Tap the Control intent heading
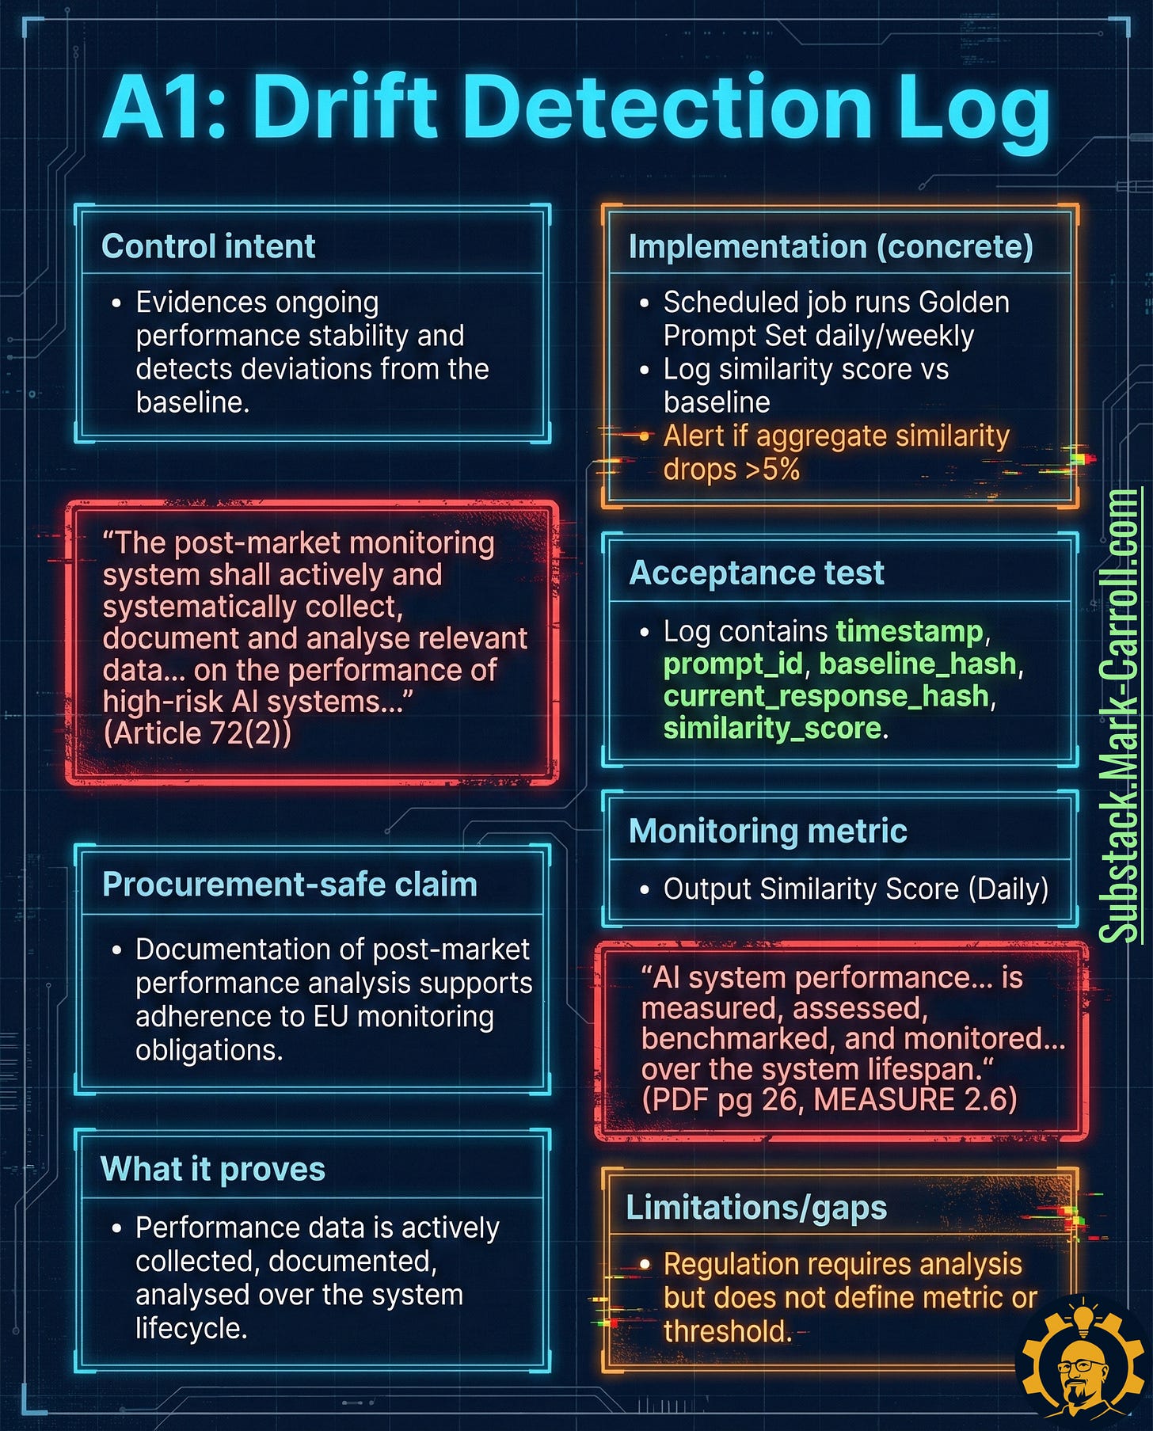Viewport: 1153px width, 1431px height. [x=208, y=246]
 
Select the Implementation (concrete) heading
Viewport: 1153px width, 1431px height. [x=831, y=246]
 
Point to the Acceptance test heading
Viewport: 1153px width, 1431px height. [x=756, y=573]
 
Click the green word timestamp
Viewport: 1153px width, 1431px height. [x=909, y=631]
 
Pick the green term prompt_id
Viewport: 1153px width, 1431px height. [x=733, y=664]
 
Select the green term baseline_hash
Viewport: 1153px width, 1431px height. [x=917, y=664]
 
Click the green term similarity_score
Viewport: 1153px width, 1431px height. [x=772, y=728]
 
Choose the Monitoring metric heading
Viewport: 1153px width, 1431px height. [x=767, y=831]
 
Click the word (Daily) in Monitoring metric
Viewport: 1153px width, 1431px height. [x=1008, y=889]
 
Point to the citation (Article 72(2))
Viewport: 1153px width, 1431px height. [x=197, y=733]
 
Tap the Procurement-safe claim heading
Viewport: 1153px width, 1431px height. [x=290, y=884]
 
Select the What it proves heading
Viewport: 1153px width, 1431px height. [x=213, y=1169]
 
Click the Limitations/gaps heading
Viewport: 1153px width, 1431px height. [x=756, y=1208]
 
